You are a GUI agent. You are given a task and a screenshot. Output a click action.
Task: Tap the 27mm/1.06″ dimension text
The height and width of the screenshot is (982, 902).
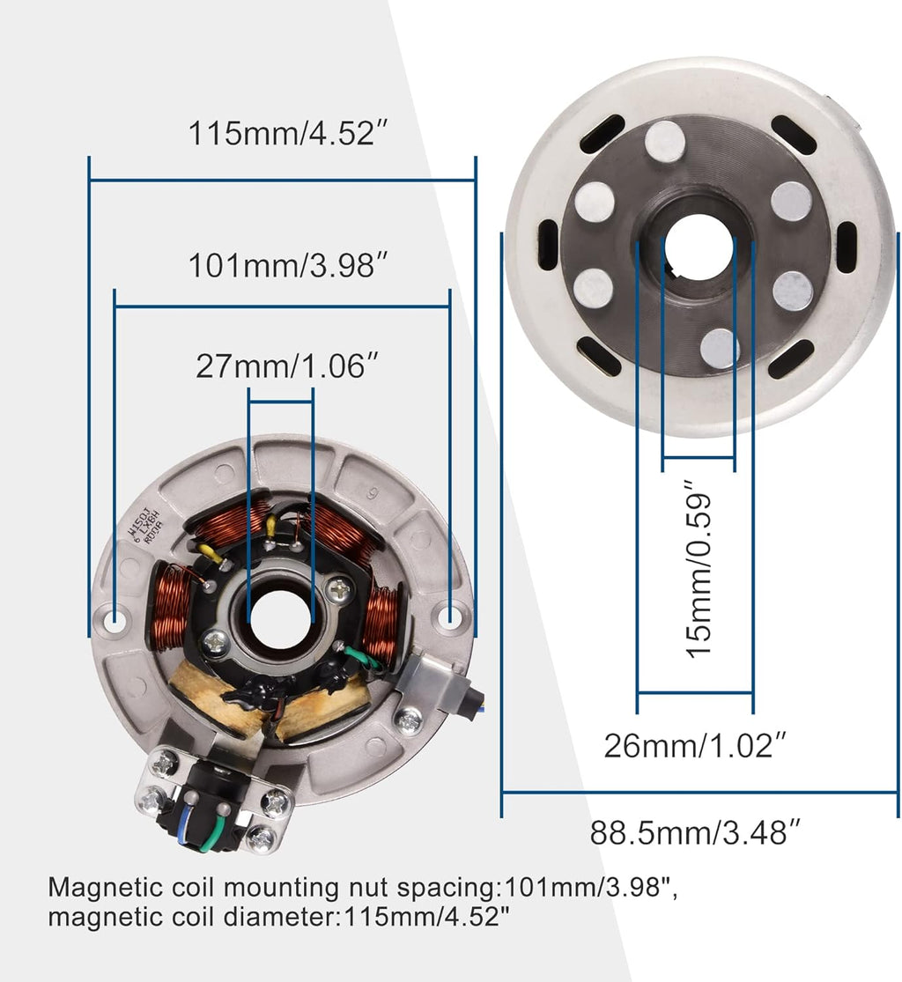click(x=281, y=366)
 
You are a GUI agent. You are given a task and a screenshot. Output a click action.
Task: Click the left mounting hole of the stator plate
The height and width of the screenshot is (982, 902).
click(x=115, y=621)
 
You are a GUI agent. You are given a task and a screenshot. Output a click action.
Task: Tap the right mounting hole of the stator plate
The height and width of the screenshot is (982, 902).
click(x=450, y=617)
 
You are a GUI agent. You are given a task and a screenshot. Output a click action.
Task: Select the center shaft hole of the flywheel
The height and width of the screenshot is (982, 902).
click(x=699, y=246)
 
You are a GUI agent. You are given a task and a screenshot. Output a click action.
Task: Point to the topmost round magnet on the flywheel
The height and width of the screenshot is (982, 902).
click(x=665, y=141)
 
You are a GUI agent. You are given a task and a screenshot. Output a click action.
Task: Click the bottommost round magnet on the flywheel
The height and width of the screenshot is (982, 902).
click(x=721, y=348)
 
